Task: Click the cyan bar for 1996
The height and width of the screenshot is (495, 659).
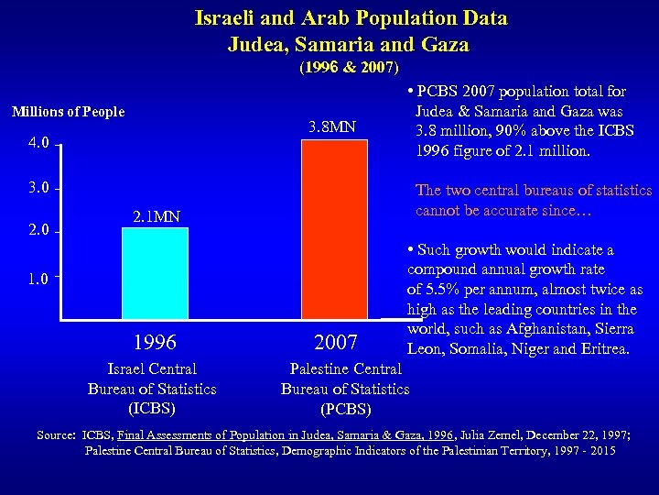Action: tap(155, 273)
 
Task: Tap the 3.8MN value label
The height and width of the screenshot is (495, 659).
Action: tap(333, 126)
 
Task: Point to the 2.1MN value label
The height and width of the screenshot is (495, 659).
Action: tap(155, 217)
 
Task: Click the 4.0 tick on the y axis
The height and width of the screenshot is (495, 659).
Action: tap(38, 145)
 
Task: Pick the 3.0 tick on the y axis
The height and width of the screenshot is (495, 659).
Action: tap(38, 189)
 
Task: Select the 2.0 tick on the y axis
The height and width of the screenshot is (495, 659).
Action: tap(38, 231)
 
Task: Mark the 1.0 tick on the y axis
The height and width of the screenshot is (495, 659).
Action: tap(38, 277)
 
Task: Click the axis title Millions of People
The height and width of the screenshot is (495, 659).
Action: tap(68, 112)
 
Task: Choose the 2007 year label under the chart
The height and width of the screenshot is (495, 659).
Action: tap(335, 343)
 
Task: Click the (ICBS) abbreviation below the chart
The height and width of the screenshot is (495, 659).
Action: tap(152, 408)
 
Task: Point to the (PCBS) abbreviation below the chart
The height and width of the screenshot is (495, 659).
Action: tap(345, 409)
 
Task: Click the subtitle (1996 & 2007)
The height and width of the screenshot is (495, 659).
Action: tap(349, 67)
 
